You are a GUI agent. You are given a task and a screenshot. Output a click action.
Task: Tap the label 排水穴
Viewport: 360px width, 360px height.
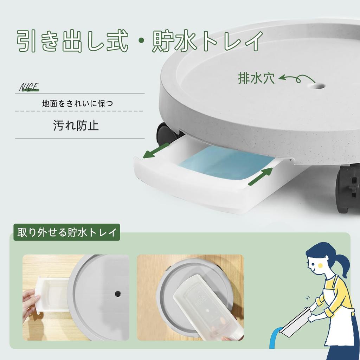click(x=256, y=78)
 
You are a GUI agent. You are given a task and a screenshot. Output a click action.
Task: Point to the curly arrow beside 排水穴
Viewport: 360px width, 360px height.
click(x=295, y=79)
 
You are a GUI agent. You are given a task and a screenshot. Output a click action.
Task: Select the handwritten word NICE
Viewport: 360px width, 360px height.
click(x=29, y=87)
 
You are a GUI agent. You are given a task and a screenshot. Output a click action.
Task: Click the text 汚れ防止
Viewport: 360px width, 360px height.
click(x=76, y=125)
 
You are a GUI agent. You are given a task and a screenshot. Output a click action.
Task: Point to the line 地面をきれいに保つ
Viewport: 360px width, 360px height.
click(x=77, y=104)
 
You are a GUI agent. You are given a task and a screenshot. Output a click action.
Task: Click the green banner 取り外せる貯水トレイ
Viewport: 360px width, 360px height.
click(x=67, y=232)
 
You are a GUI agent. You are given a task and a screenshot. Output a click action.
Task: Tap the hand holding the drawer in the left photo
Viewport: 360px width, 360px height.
click(x=30, y=302)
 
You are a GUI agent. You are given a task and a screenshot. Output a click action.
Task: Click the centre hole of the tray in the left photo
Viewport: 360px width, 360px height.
click(x=117, y=292)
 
